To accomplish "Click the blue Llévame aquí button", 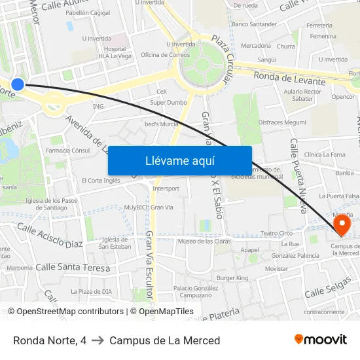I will tap(179, 160).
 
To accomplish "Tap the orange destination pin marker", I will tap(342, 226).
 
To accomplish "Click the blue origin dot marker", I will tap(18, 84).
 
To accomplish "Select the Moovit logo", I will tap(320, 340).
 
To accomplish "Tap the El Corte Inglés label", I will tap(100, 180).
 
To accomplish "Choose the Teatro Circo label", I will tap(276, 233).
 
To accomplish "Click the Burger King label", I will tap(232, 278).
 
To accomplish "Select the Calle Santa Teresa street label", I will tap(72, 268).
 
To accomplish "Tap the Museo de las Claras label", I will tap(204, 242).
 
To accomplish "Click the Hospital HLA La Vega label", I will tap(115, 52).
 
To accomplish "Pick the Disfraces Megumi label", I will tap(282, 122).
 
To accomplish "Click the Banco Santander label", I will tap(254, 24).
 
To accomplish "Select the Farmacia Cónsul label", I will tap(67, 151).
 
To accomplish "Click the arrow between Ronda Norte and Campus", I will tap(98, 340).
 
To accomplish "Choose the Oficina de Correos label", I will tap(165, 55).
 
